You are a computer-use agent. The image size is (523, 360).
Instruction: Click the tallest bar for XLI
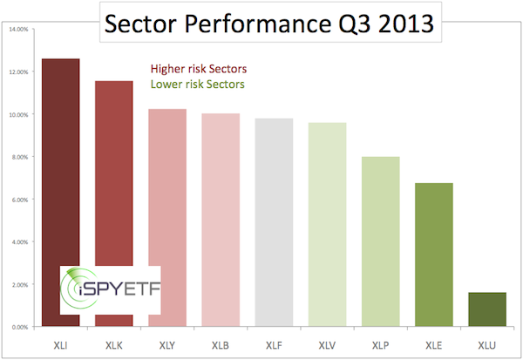60,174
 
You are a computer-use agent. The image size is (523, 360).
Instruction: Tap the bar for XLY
167,218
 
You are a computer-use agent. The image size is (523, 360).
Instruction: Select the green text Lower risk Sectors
197,85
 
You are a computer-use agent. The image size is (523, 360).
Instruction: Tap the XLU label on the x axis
486,342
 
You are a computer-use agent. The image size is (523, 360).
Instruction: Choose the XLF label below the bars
274,342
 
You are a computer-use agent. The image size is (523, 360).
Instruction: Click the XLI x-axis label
60,342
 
